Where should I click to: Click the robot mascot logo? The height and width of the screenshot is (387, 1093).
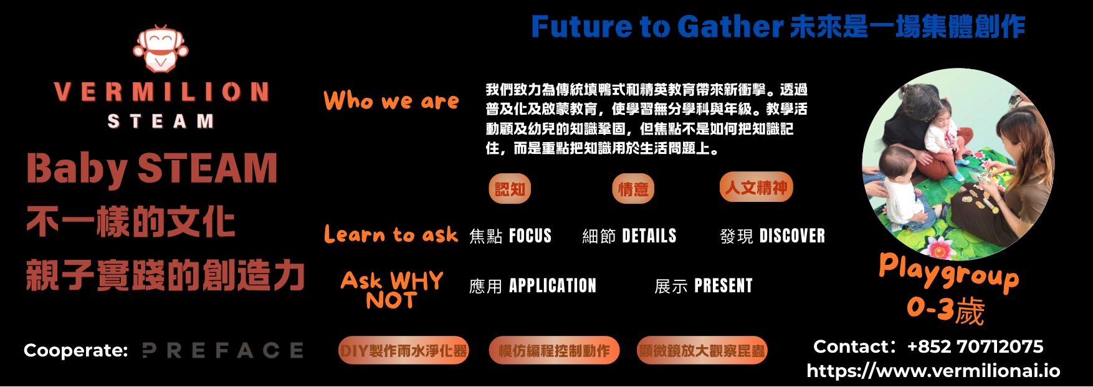click(160, 49)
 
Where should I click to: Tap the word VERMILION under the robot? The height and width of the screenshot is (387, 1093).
click(161, 92)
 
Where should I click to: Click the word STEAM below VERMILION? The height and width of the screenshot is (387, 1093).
click(161, 121)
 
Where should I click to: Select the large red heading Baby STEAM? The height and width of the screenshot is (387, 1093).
click(151, 169)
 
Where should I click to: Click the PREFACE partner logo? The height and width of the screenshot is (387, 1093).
click(223, 350)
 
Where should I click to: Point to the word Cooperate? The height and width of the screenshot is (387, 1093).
click(75, 350)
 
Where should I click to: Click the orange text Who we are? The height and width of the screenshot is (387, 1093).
click(391, 100)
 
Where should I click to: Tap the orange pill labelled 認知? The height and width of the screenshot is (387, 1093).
click(510, 189)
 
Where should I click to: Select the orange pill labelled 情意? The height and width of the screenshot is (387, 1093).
click(633, 189)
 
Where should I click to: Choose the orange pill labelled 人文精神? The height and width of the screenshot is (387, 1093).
click(757, 187)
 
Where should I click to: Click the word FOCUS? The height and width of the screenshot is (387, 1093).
click(530, 236)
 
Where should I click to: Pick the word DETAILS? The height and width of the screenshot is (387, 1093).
click(649, 236)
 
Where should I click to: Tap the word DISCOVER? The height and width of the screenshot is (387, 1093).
click(792, 236)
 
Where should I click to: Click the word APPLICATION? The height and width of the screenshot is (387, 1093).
click(553, 286)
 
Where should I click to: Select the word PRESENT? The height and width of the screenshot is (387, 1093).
click(723, 286)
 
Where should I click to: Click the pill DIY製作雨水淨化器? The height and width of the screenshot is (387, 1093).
click(404, 350)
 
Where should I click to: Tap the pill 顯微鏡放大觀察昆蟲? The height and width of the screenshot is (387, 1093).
click(702, 350)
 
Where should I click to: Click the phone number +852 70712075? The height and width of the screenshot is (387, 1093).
click(975, 346)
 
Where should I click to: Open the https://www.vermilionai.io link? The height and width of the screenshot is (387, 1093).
click(933, 371)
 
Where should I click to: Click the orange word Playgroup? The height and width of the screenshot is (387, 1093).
click(949, 272)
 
